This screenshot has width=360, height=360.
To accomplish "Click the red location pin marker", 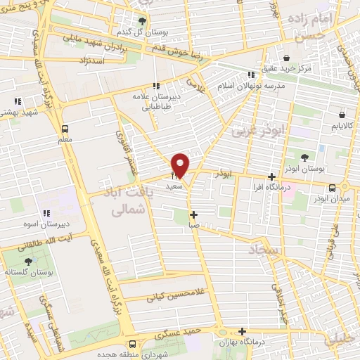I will (x=181, y=165).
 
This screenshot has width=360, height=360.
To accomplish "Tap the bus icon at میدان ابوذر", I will (x=333, y=187).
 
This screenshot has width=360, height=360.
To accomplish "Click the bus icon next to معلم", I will (x=65, y=129).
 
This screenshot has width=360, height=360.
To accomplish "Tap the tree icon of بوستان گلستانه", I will (x=28, y=261).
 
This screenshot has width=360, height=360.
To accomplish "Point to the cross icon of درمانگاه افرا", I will (x=272, y=178).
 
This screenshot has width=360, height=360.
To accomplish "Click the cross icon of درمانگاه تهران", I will (x=243, y=331).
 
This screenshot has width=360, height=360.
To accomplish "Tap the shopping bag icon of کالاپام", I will (x=342, y=114).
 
